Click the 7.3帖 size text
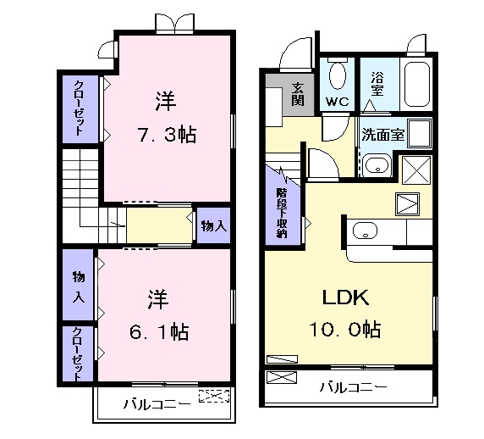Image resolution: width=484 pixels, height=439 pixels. tap(166, 135)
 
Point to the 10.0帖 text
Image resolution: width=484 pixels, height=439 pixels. tap(349, 329)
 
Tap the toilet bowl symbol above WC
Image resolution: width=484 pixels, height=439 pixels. tap(337, 75)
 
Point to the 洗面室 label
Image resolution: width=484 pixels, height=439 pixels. tap(383, 133)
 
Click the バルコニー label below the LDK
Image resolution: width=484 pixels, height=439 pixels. tap(353, 386)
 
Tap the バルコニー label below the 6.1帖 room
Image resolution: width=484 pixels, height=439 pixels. tap(157, 404)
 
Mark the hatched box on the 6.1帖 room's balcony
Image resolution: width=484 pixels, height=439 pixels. tap(214, 396)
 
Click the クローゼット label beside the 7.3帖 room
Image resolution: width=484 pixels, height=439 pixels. tap(79, 108)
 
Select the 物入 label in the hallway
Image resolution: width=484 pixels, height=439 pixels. tap(213, 225)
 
